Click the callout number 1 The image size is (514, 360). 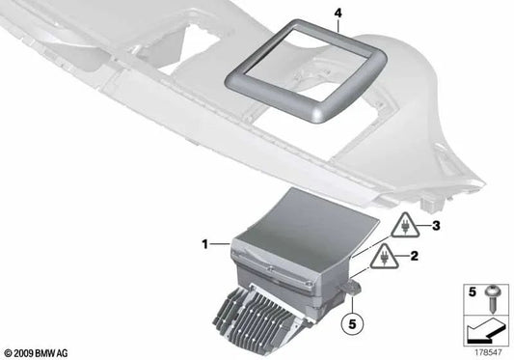coord(203,246)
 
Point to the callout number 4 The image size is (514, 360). coord(311,13)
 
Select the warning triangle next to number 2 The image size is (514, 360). coord(385,257)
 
